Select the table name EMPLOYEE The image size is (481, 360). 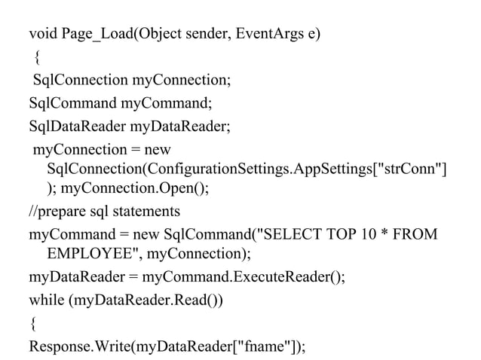tap(93, 255)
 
